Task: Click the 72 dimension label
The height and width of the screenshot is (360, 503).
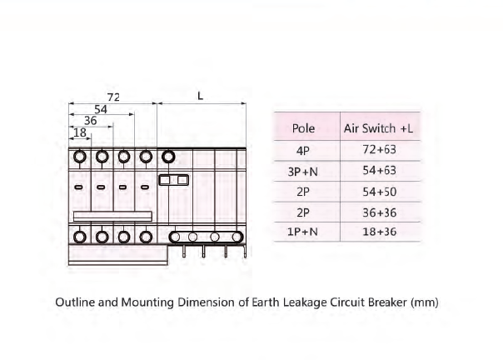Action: [x=113, y=97]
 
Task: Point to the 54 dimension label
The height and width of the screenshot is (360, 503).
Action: [x=101, y=109]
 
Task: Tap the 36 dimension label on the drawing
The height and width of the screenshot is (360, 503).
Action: [x=91, y=121]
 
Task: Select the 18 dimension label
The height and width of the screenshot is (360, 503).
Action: [x=80, y=132]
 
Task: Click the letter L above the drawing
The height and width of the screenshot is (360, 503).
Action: [x=200, y=96]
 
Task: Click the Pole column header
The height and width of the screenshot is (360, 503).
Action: [x=303, y=128]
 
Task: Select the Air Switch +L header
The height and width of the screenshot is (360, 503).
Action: [x=378, y=128]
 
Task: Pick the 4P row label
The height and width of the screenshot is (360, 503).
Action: [x=303, y=150]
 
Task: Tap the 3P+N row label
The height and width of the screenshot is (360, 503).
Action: [x=302, y=172]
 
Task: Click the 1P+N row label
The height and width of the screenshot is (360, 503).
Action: [x=302, y=232]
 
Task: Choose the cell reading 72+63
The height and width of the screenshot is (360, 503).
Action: [x=379, y=149]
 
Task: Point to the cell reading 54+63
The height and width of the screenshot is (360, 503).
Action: [x=379, y=170]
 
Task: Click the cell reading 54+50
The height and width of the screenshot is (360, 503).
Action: [x=379, y=192]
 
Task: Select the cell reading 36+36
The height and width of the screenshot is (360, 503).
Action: [x=379, y=212]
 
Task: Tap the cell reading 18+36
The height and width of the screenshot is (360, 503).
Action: [x=379, y=232]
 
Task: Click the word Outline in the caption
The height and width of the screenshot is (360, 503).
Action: [x=75, y=302]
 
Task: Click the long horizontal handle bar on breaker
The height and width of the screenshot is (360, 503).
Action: [x=112, y=216]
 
